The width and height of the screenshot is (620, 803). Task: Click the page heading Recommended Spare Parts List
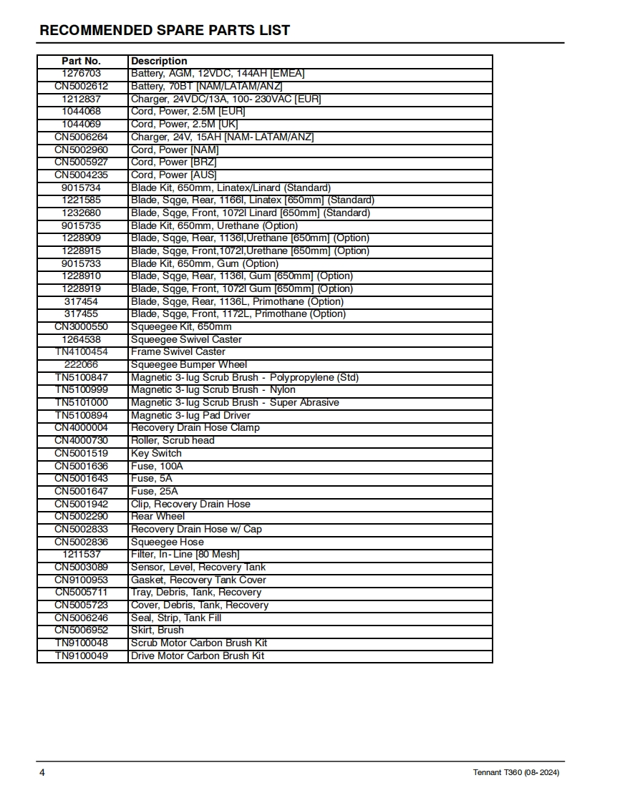pos(165,30)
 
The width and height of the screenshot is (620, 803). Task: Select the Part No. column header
pos(82,61)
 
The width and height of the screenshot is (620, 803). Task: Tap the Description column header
pos(159,61)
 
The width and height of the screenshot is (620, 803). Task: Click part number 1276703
pos(82,74)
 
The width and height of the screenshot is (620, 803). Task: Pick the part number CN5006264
pos(82,137)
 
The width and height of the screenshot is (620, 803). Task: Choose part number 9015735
pos(82,225)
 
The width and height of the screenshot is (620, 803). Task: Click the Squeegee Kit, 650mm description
pos(181,326)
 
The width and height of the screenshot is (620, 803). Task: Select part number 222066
pos(82,364)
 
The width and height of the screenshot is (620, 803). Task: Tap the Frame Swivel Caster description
pos(178,352)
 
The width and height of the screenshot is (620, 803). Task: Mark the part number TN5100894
pos(82,415)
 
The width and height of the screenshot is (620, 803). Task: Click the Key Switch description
pos(156,453)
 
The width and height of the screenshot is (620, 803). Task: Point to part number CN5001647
pos(82,491)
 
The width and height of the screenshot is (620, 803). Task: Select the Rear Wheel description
pos(158,516)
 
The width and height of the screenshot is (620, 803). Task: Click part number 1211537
pos(82,554)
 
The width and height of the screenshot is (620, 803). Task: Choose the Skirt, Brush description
pos(157,630)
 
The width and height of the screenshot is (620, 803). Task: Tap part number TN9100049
pos(82,656)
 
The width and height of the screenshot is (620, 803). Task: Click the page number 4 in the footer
pos(42,773)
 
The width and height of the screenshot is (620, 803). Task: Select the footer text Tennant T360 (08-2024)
pos(516,773)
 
